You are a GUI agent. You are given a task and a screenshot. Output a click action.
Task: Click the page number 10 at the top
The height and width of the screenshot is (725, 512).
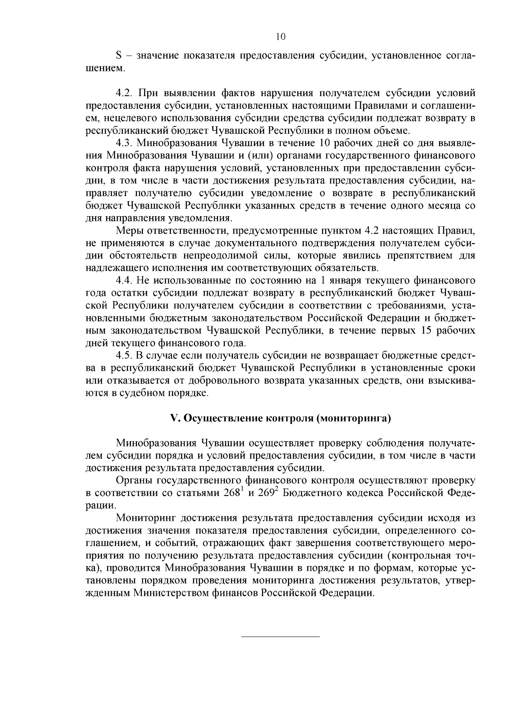click(280, 37)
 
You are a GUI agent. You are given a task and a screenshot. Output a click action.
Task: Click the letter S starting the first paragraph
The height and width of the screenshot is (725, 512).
click(119, 56)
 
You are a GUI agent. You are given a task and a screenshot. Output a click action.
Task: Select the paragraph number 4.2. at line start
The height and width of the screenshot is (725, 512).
click(125, 93)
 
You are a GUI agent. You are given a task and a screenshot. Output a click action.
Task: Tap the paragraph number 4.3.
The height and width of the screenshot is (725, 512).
click(125, 143)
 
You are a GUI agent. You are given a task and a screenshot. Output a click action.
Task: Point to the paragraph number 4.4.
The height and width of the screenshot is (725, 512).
click(125, 281)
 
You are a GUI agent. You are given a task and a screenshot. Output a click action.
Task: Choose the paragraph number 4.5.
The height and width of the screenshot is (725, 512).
click(125, 355)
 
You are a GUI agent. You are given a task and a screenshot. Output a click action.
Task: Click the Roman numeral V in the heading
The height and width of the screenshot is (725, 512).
click(174, 418)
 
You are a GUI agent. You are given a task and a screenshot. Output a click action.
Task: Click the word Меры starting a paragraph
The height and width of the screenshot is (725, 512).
click(128, 231)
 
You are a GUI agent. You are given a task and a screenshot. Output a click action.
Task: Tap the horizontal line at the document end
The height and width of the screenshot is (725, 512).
click(280, 637)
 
